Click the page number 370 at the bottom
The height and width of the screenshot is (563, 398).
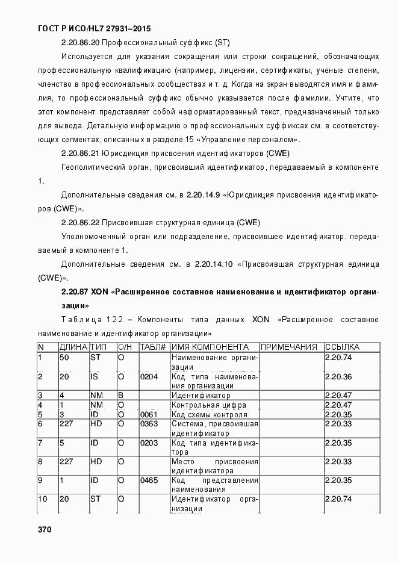tap(44, 530)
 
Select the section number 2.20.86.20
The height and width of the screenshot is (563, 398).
tap(81, 43)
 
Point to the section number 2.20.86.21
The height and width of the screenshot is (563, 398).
tap(81, 154)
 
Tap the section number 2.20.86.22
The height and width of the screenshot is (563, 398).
tap(81, 222)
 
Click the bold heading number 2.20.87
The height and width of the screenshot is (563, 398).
tap(75, 291)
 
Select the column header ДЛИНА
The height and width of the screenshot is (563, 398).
tap(73, 347)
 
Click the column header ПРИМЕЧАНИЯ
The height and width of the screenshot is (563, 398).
tap(289, 347)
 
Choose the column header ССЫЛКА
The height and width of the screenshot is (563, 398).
tap(342, 347)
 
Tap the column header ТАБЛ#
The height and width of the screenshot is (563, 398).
tap(153, 347)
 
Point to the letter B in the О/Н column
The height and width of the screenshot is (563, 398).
tap(120, 396)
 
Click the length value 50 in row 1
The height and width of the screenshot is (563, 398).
tap(64, 358)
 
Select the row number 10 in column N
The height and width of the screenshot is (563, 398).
tap(43, 499)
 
